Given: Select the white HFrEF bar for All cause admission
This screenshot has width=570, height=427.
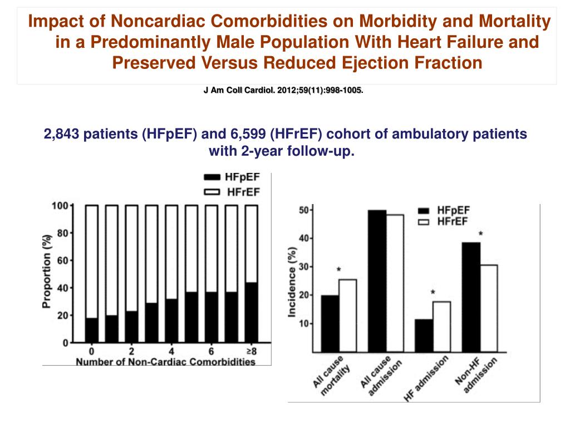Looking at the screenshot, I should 395,283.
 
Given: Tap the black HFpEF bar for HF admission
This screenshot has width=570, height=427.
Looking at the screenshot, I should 424,336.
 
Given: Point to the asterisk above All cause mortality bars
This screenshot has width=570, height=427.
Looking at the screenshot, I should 338,270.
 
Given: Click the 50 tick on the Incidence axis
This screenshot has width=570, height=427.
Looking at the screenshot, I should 304,210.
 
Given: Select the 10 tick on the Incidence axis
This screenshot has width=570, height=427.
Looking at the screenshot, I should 304,324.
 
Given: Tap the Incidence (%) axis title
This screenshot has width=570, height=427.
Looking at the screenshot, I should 292,282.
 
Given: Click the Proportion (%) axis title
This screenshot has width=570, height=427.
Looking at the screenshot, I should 47,271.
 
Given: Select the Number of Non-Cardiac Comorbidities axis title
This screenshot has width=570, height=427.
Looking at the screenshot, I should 165,362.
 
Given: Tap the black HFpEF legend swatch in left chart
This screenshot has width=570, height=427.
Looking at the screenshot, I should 213,177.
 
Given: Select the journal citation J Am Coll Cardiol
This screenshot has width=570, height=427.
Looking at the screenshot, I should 283,91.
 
